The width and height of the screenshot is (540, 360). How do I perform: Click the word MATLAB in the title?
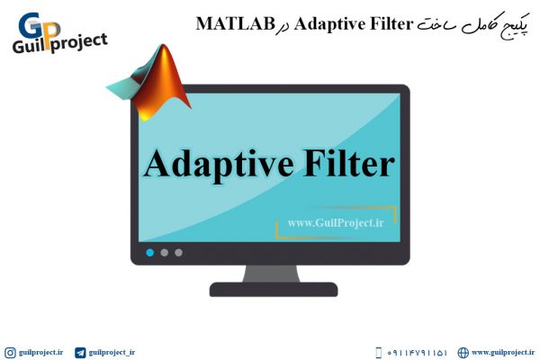pyautogui.click(x=235, y=23)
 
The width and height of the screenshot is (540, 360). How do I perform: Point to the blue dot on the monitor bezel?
pyautogui.click(x=149, y=253)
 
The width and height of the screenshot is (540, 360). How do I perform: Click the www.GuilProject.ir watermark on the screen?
pyautogui.click(x=336, y=223)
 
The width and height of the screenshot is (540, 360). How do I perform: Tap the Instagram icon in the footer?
pyautogui.click(x=10, y=353)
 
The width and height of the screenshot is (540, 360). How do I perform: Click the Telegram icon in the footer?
pyautogui.click(x=80, y=353)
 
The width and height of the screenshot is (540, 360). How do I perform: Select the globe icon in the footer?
pyautogui.click(x=463, y=353)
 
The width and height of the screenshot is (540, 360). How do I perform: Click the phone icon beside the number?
pyautogui.click(x=379, y=353)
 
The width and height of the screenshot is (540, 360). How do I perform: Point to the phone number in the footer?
pyautogui.click(x=417, y=353)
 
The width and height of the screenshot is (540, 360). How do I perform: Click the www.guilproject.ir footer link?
pyautogui.click(x=503, y=353)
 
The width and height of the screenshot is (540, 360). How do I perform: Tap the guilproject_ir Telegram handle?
pyautogui.click(x=112, y=353)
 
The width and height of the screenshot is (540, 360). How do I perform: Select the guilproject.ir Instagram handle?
pyautogui.click(x=41, y=353)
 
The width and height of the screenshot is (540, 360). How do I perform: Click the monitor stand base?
pyautogui.click(x=274, y=290)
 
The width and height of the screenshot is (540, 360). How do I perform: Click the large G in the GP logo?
pyautogui.click(x=31, y=25)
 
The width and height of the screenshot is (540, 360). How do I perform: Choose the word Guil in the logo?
pyautogui.click(x=29, y=46)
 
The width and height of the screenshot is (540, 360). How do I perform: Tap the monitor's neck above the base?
pyautogui.click(x=272, y=274)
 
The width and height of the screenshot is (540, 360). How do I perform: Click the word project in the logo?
pyautogui.click(x=78, y=43)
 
